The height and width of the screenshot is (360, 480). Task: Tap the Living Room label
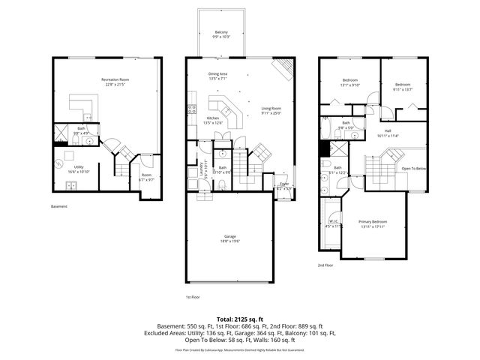pos(271,110)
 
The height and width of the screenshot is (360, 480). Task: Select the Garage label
pos(229,238)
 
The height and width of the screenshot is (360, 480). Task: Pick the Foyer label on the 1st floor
pos(284,184)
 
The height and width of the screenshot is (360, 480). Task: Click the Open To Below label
pos(413,169)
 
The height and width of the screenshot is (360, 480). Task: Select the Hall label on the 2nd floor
pos(389,132)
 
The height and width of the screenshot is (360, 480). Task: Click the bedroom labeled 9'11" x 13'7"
pos(403,87)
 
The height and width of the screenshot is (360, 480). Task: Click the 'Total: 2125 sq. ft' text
pos(240,319)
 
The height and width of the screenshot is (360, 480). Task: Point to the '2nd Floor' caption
pos(325,265)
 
